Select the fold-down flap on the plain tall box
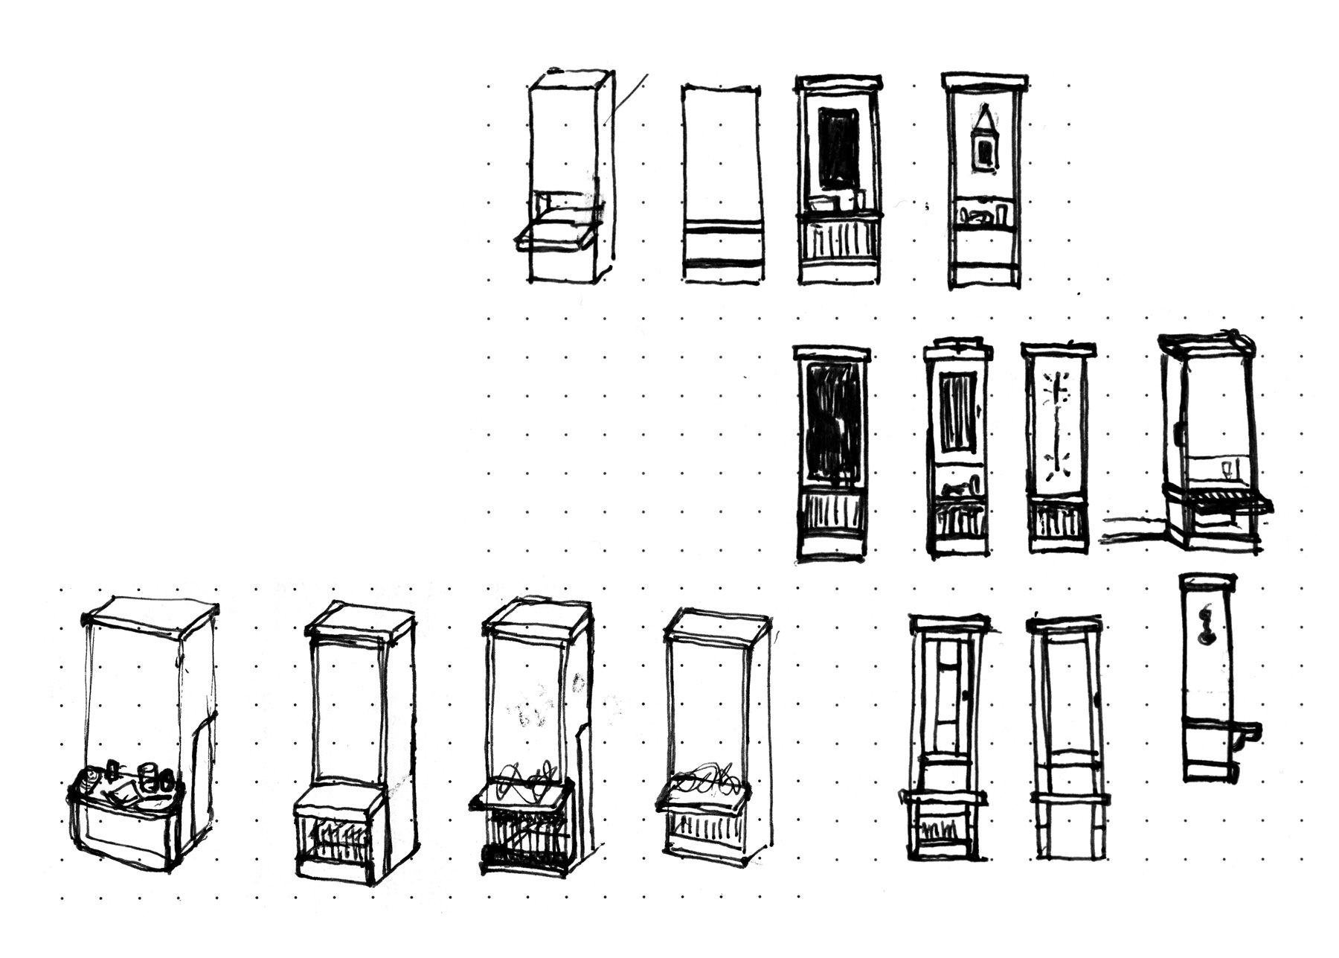click(556, 237)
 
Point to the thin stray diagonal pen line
click(629, 97)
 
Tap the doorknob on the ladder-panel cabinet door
click(965, 696)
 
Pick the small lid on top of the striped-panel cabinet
click(957, 344)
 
